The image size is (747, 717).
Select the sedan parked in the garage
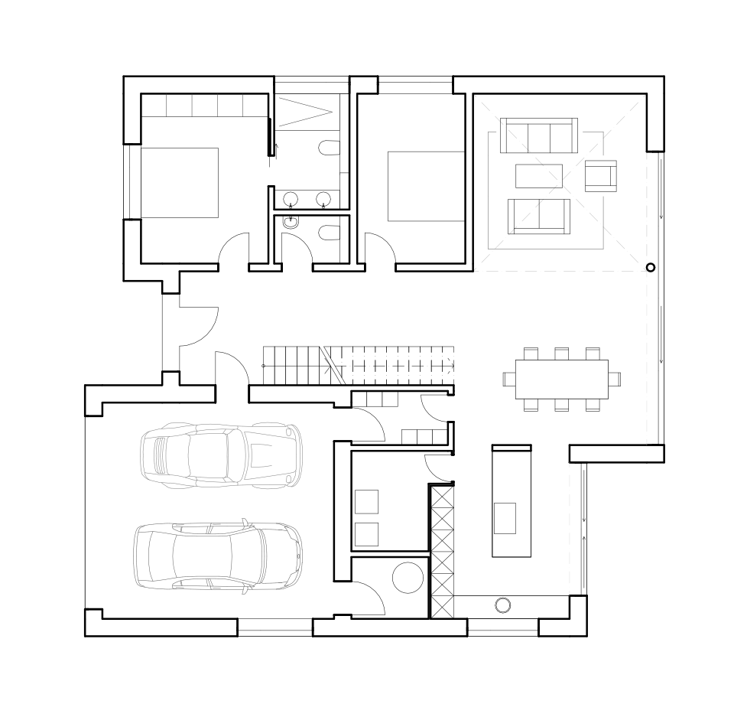(x=217, y=556)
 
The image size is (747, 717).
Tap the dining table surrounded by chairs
(x=562, y=379)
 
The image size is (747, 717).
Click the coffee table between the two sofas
(x=539, y=176)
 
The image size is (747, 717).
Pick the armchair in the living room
(x=600, y=176)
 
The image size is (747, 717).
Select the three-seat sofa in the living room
(x=539, y=135)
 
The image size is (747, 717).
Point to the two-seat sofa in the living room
(x=539, y=216)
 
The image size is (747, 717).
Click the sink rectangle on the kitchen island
(x=505, y=517)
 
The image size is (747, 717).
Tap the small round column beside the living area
(x=651, y=267)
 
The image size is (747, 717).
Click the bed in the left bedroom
(x=180, y=183)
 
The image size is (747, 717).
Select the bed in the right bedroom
(x=427, y=187)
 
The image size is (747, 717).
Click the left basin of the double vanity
(x=291, y=199)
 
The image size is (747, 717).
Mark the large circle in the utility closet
(x=408, y=576)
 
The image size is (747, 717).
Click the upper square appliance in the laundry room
(x=367, y=501)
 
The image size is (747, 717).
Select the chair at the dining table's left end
(x=509, y=379)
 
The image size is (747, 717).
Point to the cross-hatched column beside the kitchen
(x=441, y=552)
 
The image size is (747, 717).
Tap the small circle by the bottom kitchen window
(x=502, y=605)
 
